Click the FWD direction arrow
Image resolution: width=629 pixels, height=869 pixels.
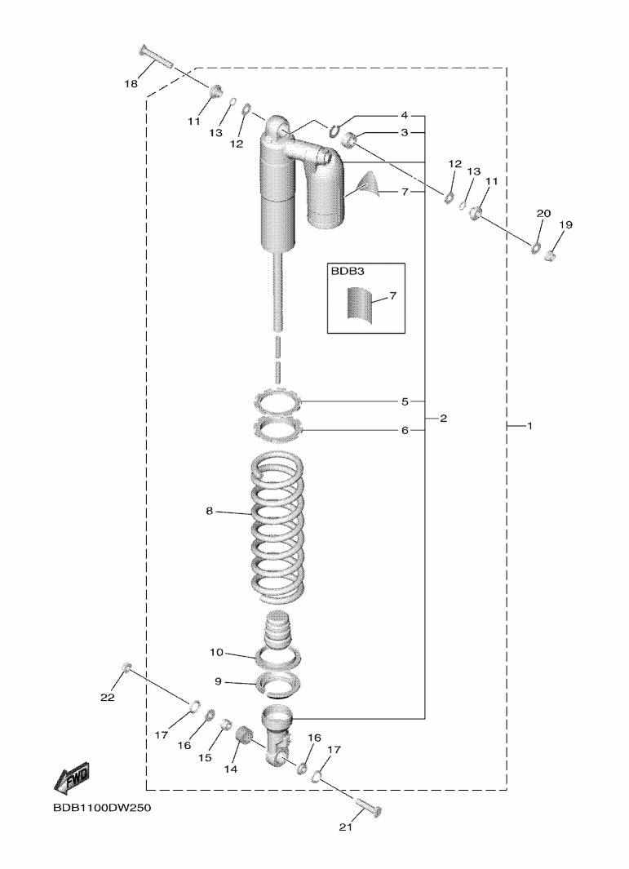coord(71,778)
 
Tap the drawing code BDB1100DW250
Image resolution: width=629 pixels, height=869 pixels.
coord(102,808)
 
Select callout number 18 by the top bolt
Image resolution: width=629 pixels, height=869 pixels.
coord(131,84)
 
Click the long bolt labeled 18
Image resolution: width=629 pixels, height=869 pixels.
coord(156,56)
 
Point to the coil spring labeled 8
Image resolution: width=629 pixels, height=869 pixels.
coord(277,528)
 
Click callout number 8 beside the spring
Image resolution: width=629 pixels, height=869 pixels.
coord(210,511)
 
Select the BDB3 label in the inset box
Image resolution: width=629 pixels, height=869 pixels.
coord(343,272)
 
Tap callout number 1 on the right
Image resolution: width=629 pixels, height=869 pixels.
coord(529,426)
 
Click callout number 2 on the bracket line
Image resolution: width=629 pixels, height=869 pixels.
coord(443,419)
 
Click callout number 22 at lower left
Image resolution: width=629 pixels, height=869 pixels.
coord(108,697)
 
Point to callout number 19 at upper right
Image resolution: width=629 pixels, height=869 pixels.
coord(565,224)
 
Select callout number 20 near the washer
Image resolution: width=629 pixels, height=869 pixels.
coord(543,213)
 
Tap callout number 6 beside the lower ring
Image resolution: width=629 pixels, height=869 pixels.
coord(405,430)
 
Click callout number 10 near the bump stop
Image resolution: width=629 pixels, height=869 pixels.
coord(217,652)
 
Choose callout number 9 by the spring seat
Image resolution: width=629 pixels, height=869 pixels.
coord(218,681)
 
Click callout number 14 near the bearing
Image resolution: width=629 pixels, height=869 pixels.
coord(231,769)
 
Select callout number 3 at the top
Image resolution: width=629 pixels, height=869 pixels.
coord(405,132)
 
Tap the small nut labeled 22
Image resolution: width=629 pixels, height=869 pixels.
coord(126,666)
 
